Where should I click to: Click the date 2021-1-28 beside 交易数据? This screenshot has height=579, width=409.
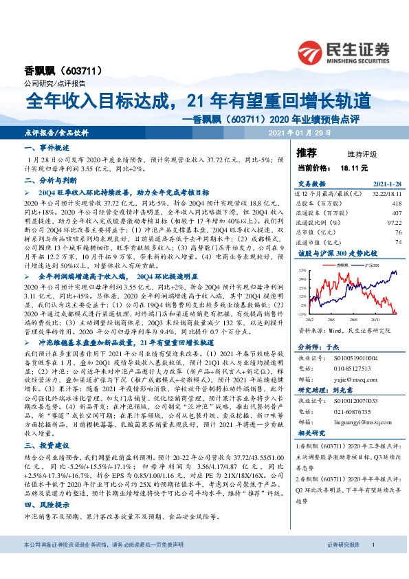click(377, 184)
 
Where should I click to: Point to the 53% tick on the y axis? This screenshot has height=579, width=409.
click(302, 272)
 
